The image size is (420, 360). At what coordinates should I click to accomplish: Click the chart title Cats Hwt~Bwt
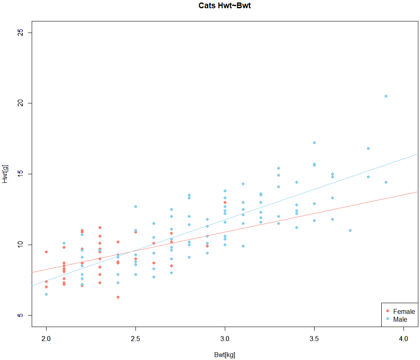[x=224, y=6]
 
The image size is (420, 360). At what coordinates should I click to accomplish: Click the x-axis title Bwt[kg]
[x=224, y=355]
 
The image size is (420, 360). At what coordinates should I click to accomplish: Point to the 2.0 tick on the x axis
[x=46, y=339]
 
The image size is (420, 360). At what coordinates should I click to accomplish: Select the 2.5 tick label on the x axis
[x=135, y=339]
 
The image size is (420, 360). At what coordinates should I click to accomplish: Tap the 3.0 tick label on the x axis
[x=225, y=339]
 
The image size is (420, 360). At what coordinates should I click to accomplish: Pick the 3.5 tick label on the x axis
[x=314, y=339]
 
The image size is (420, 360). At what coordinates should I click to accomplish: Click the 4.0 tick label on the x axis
[x=404, y=339]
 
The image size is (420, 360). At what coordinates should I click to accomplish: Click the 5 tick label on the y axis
[x=19, y=316]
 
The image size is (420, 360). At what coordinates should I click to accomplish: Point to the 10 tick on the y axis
[x=19, y=245]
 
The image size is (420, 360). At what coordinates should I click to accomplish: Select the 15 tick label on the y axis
[x=19, y=174]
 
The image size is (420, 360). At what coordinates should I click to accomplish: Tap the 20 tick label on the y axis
[x=19, y=103]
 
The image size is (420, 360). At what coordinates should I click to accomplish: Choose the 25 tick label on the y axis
[x=19, y=32]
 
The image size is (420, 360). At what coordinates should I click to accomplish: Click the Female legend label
[x=404, y=311]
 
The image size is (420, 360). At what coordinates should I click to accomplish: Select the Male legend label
[x=400, y=319]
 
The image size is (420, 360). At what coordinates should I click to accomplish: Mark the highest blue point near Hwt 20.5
[x=386, y=96]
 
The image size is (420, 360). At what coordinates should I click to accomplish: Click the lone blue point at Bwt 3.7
[x=350, y=230]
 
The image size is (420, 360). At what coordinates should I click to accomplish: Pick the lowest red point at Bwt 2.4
[x=118, y=297]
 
